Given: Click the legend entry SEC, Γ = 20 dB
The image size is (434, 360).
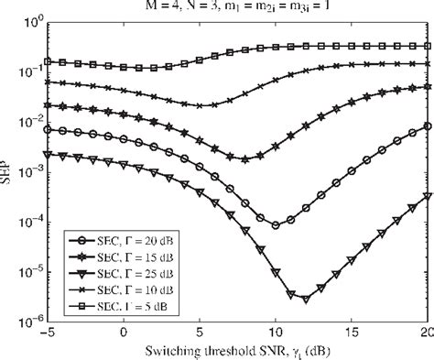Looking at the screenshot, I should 110,238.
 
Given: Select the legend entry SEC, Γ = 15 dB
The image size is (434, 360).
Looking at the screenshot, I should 110,255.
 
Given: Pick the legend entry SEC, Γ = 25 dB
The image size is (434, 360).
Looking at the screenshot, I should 110,271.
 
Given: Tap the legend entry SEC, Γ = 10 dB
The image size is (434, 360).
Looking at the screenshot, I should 110,288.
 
